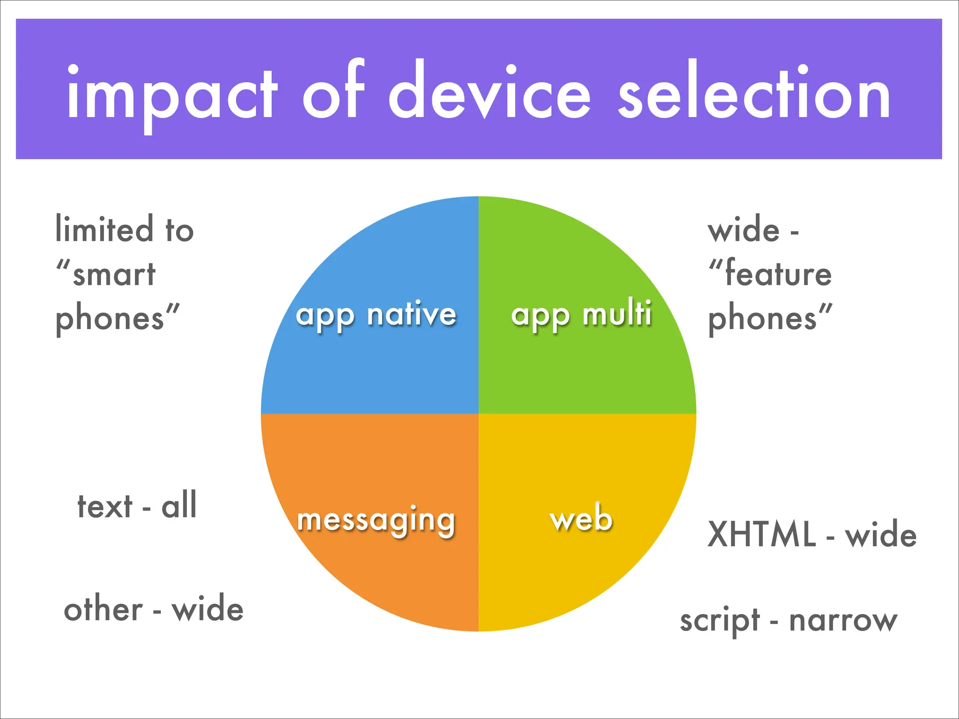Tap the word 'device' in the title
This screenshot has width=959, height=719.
(490, 91)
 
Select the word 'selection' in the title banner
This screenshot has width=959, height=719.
(754, 91)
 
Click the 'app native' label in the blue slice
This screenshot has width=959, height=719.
(376, 315)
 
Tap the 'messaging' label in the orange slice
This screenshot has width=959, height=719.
(376, 521)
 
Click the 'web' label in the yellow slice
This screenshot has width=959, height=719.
(581, 518)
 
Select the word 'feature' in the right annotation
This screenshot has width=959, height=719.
(778, 274)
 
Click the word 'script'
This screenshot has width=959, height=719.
(720, 621)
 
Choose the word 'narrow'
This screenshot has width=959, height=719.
(843, 621)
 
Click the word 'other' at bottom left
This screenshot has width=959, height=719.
(103, 609)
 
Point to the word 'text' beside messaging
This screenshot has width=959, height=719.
(105, 506)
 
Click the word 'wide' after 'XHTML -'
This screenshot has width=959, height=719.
(881, 534)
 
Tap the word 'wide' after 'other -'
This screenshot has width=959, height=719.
(207, 609)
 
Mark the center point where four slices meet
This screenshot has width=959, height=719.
(478, 414)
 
